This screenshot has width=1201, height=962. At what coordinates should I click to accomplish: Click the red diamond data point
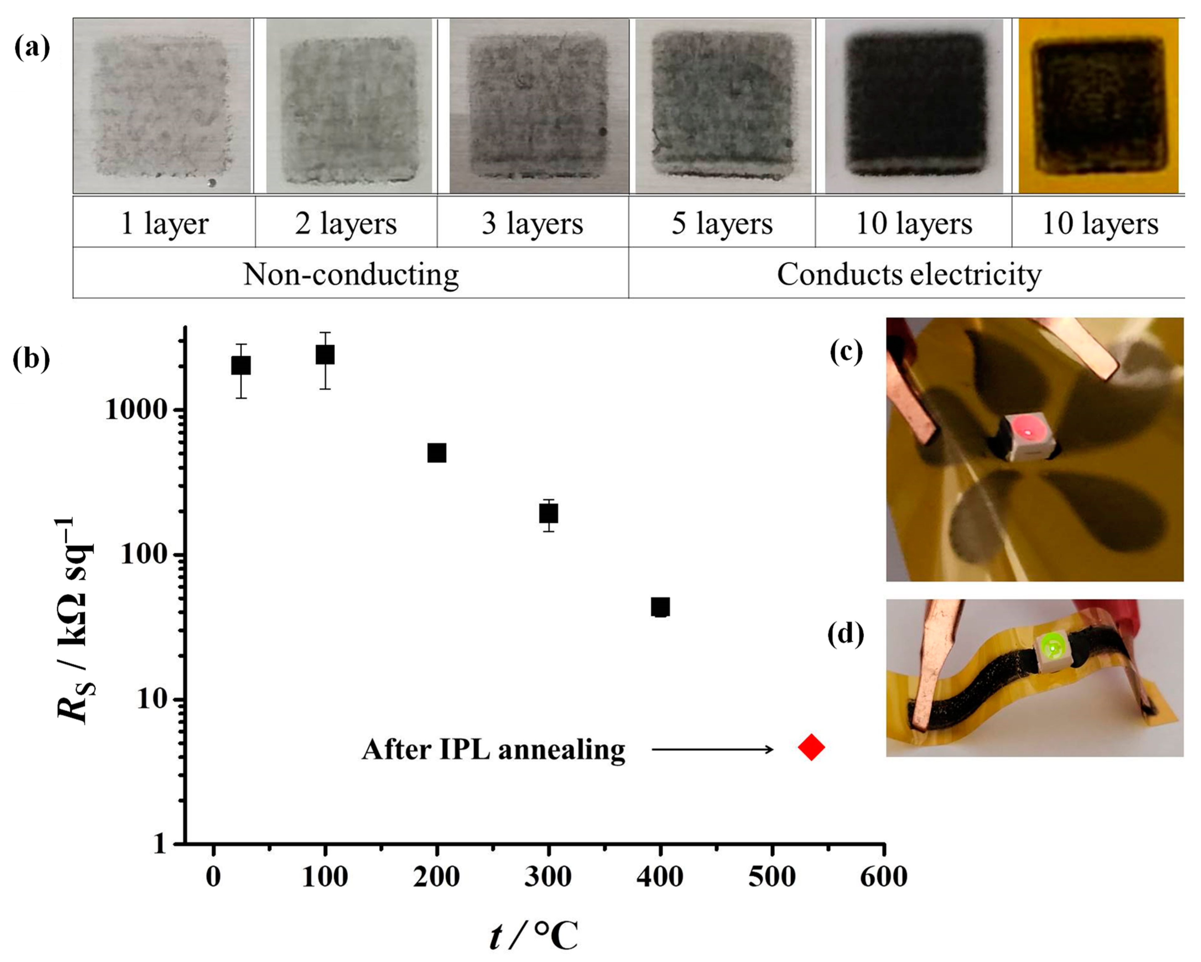(811, 747)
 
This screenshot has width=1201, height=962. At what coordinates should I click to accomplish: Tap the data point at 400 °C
(660, 607)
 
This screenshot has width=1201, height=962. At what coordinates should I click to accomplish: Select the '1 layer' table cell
(164, 223)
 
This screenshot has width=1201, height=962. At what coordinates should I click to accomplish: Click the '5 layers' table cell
(722, 223)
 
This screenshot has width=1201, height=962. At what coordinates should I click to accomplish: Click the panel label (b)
(31, 359)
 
